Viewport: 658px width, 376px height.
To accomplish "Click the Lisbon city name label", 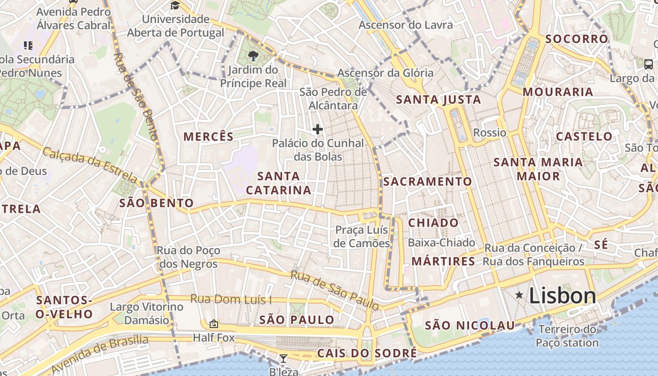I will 562,296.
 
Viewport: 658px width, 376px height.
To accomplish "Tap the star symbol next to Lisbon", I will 519,295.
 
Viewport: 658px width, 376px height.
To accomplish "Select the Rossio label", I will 489,133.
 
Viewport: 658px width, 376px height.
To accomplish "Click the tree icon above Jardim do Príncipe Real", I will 253,56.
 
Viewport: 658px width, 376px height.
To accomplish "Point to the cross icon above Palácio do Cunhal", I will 318,129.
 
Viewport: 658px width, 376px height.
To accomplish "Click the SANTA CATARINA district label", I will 278,183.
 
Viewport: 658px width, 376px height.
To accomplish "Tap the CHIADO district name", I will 433,223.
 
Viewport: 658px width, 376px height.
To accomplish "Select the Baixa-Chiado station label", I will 441,243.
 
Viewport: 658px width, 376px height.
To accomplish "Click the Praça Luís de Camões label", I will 362,236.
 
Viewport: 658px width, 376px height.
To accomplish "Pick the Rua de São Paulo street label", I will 335,290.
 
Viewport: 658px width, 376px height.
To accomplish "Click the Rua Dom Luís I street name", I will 231,299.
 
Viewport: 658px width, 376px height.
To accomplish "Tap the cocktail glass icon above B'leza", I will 283,359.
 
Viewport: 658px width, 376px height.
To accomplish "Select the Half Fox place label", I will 213,337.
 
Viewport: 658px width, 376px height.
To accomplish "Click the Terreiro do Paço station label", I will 567,336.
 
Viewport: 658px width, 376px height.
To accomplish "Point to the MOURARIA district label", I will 558,92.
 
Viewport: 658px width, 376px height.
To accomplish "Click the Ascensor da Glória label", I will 385,73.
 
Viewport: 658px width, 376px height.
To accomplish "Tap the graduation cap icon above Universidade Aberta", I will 175,6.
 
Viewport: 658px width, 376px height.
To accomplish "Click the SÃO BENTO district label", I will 156,203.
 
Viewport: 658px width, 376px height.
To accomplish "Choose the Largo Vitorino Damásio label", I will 146,313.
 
